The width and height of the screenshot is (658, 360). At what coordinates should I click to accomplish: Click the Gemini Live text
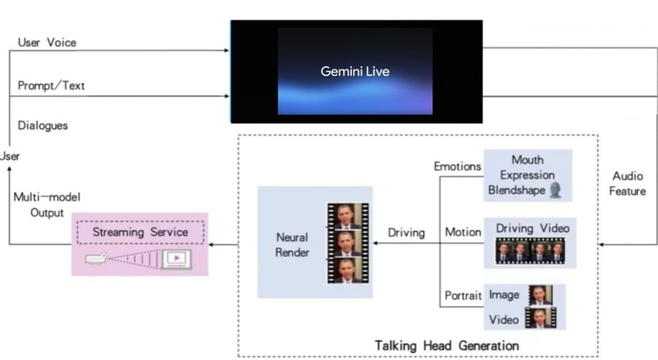point(354,72)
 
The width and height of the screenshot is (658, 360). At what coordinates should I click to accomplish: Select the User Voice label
point(47,42)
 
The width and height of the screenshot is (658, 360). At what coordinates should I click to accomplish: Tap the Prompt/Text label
point(51,86)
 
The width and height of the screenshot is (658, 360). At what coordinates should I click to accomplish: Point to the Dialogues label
point(42,126)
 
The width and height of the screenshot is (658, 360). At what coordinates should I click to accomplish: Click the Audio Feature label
point(628,184)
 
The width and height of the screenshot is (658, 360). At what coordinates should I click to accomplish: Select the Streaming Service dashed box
point(140,232)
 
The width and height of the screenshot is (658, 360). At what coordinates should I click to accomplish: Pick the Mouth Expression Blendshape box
point(527,176)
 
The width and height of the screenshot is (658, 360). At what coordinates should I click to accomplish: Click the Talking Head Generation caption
point(446,345)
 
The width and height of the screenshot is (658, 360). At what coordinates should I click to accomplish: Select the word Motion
point(462,232)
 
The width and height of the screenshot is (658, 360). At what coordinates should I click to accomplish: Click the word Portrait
point(463,295)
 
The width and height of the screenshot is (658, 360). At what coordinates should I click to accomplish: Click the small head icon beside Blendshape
point(556,190)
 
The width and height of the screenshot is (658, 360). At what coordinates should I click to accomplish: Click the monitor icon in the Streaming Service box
point(175,260)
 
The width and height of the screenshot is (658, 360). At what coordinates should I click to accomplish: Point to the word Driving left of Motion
point(406,233)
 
